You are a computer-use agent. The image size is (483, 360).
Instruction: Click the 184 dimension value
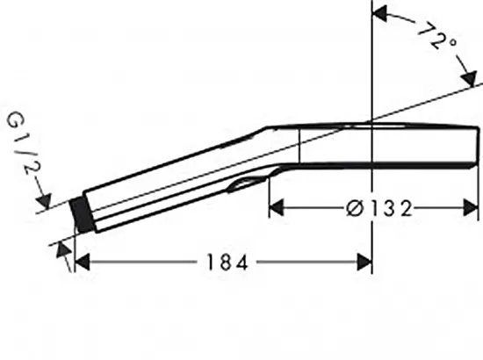(227, 263)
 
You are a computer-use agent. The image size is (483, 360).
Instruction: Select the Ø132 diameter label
(378, 208)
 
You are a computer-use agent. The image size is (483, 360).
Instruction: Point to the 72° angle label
(436, 36)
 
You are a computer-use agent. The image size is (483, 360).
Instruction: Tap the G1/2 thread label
(24, 143)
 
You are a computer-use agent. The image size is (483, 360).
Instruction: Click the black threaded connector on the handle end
(82, 214)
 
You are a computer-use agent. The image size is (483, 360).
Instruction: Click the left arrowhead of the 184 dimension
(83, 263)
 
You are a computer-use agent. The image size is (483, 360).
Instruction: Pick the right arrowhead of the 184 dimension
(364, 263)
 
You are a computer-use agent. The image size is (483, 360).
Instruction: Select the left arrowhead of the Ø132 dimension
(277, 208)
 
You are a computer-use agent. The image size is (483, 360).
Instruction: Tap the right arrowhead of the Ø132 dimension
(471, 208)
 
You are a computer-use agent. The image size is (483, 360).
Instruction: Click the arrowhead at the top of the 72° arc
(380, 13)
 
